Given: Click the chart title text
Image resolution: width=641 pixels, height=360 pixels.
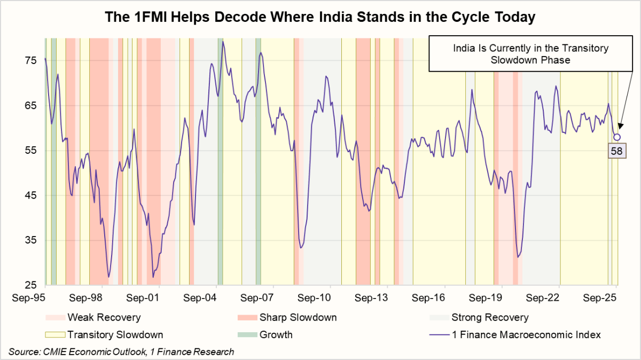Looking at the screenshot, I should point(320,18).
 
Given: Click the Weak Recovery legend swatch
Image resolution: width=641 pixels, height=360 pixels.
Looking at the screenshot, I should point(55,318).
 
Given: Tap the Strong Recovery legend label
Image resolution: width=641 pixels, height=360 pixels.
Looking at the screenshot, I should point(490,318).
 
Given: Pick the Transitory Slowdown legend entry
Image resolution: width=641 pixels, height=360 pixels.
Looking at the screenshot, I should point(115,335).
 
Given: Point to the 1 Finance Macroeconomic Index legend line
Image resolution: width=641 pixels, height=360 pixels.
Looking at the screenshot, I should point(439,335).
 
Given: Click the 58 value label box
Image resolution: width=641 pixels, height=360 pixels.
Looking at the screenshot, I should point(616,151).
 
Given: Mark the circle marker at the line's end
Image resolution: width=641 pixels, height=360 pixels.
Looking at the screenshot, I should point(617,137).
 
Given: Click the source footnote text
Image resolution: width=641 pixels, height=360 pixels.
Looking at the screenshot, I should point(121,351).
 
